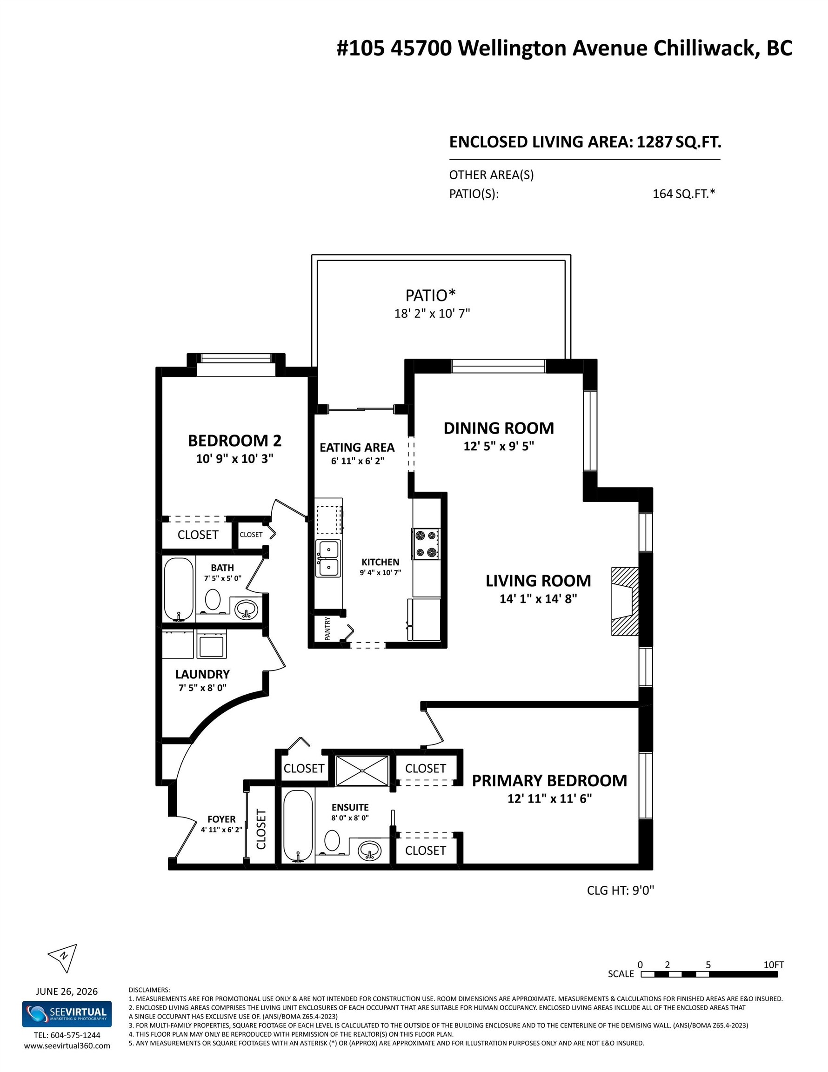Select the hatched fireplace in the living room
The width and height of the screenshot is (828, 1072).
625,601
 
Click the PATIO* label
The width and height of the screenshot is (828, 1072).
430,295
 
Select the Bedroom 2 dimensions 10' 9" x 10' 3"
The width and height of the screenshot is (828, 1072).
234,459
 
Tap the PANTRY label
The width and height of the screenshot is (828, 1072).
327,628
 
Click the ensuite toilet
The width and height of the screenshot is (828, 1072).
332,840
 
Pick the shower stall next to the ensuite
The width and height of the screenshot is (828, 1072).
362,770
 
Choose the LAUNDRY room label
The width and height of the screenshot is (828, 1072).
202,674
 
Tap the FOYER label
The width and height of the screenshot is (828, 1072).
221,819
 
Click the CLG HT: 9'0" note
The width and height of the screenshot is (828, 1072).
621,891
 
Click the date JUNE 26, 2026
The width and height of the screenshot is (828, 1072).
67,992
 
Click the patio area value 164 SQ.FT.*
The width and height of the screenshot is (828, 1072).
684,194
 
